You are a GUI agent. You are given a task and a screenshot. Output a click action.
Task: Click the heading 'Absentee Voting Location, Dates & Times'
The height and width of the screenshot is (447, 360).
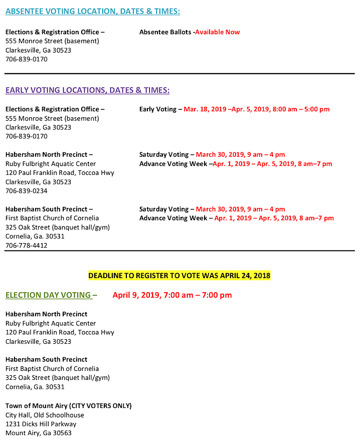pos(93,11)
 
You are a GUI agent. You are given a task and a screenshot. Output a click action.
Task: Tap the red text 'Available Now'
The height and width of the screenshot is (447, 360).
pos(217,32)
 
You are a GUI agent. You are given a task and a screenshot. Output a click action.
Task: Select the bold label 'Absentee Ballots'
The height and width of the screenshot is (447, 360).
pos(165,32)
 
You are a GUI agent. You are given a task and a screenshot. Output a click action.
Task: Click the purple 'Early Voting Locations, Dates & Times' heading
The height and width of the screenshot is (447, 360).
pos(87,90)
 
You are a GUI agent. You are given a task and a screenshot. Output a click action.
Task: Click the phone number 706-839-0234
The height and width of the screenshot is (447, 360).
pos(26,191)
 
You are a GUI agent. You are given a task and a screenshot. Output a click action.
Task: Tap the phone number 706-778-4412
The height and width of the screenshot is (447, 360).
pos(26,246)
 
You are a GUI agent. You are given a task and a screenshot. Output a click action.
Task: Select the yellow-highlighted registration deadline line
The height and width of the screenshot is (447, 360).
pos(179,276)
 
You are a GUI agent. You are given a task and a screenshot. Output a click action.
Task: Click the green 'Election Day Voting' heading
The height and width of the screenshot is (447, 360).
pos(49,295)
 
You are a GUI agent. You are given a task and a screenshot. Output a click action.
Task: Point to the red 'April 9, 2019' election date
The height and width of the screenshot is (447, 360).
pos(172,295)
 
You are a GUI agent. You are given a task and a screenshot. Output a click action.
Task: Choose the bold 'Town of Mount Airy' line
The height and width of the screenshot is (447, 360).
pos(68,405)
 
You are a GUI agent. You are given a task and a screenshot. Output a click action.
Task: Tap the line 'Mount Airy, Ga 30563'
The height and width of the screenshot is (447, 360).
pos(38,433)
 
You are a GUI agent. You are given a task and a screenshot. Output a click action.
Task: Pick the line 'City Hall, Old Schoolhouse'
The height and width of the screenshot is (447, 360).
pos(45,415)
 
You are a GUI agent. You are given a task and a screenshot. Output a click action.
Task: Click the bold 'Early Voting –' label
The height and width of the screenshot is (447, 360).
pos(160,109)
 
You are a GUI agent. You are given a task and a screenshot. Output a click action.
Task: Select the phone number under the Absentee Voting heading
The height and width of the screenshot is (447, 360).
pos(26,59)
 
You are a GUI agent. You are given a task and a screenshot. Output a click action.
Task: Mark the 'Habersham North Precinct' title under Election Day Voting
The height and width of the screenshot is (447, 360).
pos(46,314)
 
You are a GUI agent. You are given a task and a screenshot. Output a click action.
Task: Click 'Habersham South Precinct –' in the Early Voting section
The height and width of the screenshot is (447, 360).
pos(49,209)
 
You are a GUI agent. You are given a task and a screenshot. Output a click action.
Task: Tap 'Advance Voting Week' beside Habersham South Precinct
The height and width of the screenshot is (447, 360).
pos(173,218)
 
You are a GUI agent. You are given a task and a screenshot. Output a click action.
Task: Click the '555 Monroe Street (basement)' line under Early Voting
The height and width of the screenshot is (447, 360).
pos(52,118)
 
